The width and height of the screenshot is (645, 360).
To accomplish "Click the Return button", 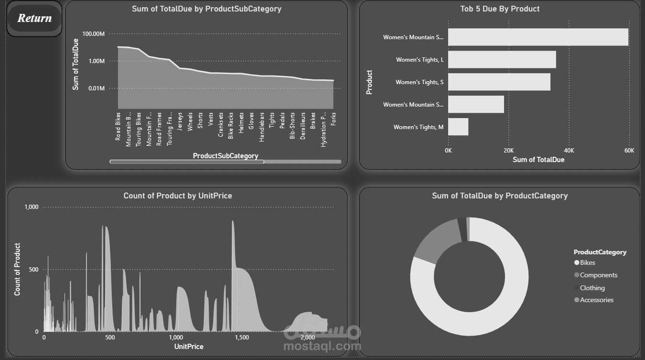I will (x=34, y=19).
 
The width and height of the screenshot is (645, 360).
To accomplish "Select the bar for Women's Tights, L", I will (x=502, y=60).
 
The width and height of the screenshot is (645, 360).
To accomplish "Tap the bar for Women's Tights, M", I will (x=458, y=127).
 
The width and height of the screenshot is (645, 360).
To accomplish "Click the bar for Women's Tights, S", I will (x=499, y=82).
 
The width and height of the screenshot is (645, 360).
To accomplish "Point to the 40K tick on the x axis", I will (x=569, y=151).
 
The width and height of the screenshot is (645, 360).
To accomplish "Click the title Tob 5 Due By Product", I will (x=500, y=9).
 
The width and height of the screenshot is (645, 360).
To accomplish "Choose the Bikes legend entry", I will (x=587, y=262).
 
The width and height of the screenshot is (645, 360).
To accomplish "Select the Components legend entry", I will (x=598, y=275).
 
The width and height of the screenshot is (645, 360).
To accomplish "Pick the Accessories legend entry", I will (x=596, y=300).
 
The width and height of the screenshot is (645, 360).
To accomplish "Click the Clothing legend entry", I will (x=592, y=288).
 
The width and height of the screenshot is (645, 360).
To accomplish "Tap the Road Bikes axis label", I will (x=118, y=127).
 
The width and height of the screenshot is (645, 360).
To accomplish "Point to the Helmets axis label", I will (x=241, y=123).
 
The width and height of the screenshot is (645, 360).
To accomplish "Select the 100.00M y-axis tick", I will (x=93, y=34).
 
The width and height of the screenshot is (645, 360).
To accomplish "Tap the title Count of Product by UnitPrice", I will (x=178, y=196).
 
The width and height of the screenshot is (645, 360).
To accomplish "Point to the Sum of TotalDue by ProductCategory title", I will (x=500, y=196).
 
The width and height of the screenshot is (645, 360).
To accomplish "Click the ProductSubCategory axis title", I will (x=226, y=156).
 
